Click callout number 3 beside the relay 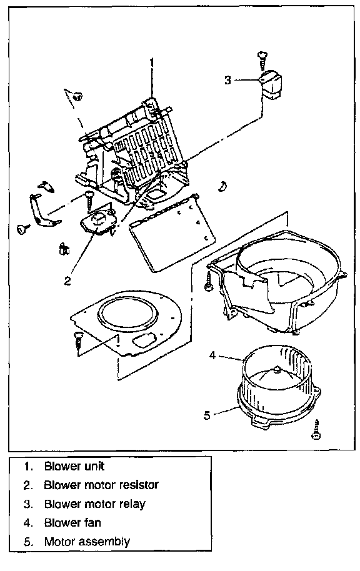tap(227, 80)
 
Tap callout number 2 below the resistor tap(67, 281)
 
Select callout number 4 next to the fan tap(212, 355)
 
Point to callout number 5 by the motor tap(207, 415)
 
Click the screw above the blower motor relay tap(262, 60)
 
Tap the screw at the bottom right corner tap(316, 430)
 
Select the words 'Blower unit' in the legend tap(74, 466)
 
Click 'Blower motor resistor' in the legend tap(101, 485)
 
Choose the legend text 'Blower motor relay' tap(95, 504)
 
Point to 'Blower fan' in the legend tap(72, 523)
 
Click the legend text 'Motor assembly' tap(87, 542)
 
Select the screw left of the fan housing tap(209, 281)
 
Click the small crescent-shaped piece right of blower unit tap(222, 186)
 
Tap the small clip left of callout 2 tap(64, 249)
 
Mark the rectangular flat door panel tap(171, 233)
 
